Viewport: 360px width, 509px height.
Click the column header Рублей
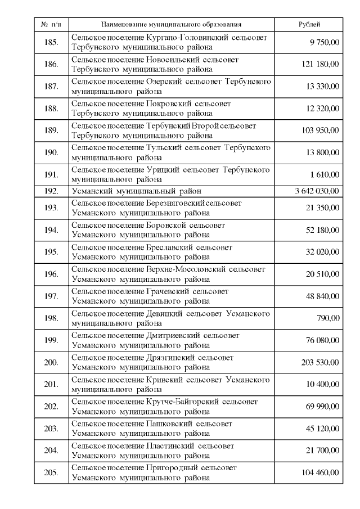tap(309, 25)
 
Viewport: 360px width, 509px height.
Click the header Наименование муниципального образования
tap(171, 25)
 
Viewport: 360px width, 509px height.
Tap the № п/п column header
tap(51, 25)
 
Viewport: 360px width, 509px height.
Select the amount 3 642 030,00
tap(317, 191)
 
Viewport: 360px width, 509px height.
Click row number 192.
tap(51, 191)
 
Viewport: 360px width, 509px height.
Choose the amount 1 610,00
tap(326, 174)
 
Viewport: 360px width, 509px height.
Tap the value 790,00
tap(328, 318)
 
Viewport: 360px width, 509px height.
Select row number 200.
tap(51, 362)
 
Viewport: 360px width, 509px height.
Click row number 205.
tap(51, 472)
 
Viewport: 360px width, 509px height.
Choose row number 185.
tap(51, 42)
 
